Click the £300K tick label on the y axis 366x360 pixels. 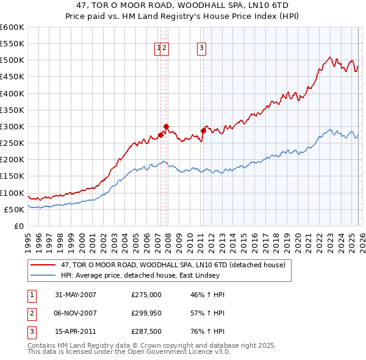pyautogui.click(x=12, y=126)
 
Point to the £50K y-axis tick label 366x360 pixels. pyautogui.click(x=13, y=209)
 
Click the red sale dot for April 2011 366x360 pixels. pyautogui.click(x=203, y=131)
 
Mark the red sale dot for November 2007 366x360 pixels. pyautogui.click(x=166, y=126)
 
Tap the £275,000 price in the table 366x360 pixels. pyautogui.click(x=146, y=295)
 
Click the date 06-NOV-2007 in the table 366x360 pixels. pyautogui.click(x=76, y=312)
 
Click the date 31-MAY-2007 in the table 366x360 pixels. pyautogui.click(x=76, y=295)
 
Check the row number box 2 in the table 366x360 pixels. pyautogui.click(x=31, y=312)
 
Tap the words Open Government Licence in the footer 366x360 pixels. pyautogui.click(x=173, y=352)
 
